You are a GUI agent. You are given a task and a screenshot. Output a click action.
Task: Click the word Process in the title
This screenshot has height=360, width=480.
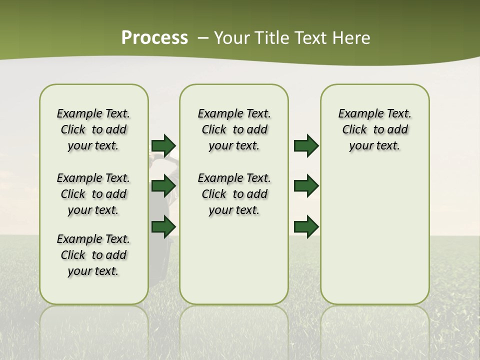click(154, 37)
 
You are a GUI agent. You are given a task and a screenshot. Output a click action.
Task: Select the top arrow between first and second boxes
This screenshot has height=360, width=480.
click(163, 145)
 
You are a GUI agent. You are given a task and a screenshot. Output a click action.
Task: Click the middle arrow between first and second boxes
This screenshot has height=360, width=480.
click(163, 186)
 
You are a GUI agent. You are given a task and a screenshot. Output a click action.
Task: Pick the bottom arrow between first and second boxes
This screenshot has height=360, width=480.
click(163, 227)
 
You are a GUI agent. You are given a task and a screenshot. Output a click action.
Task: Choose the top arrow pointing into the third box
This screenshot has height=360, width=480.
click(306, 145)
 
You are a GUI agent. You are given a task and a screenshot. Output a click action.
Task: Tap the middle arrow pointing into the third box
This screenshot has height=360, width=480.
click(306, 186)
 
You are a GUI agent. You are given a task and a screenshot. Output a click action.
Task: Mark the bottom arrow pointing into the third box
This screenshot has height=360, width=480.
click(306, 227)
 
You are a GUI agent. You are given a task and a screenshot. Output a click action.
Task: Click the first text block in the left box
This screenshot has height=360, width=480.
click(93, 129)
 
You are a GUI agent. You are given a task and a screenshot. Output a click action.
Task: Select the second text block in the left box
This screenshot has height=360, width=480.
click(93, 194)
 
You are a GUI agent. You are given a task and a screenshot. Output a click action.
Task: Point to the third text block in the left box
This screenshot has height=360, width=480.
click(93, 255)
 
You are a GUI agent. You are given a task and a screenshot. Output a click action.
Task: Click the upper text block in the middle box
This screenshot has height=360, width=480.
click(234, 129)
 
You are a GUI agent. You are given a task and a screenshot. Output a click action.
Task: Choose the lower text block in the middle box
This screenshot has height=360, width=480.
click(234, 194)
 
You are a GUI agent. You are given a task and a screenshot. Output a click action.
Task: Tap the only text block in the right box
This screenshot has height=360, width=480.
click(374, 129)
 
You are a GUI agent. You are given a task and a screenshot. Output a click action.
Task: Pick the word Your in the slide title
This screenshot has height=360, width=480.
click(232, 37)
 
